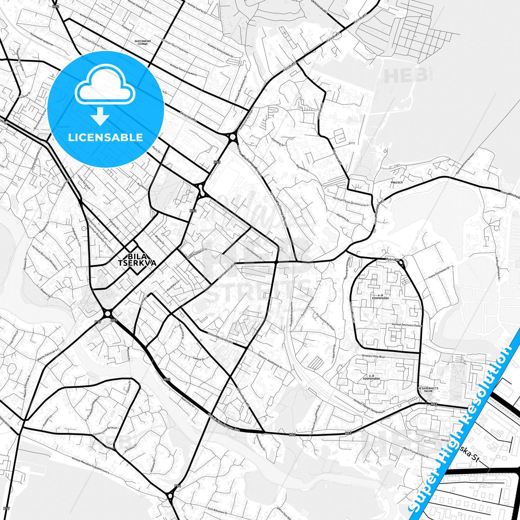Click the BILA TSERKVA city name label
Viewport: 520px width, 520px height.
[x=137, y=259]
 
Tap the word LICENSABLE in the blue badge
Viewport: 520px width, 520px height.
[x=105, y=137]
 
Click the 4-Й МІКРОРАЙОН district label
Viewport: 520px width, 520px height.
[x=381, y=297]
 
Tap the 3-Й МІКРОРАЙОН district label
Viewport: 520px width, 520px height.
[x=371, y=377]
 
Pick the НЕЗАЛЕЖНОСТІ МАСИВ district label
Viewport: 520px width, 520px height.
[x=428, y=389]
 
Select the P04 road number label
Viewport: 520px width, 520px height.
[x=177, y=486]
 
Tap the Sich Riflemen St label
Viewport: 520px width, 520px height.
[x=217, y=510]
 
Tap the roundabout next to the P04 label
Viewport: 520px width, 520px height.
[x=170, y=497]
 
